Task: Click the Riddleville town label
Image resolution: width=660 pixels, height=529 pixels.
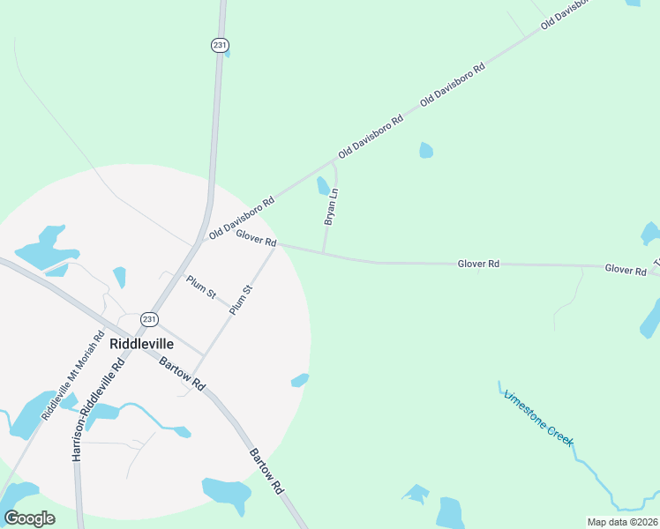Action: pyautogui.click(x=141, y=344)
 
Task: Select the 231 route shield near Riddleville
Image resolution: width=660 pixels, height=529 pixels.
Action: pyautogui.click(x=150, y=319)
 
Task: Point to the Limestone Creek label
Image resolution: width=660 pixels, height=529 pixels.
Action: pyautogui.click(x=539, y=417)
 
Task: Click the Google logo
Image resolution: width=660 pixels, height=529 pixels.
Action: pyautogui.click(x=29, y=518)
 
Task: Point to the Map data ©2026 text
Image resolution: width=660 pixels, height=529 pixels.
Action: pyautogui.click(x=622, y=522)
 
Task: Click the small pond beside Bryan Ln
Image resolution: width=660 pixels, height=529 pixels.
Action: pyautogui.click(x=323, y=185)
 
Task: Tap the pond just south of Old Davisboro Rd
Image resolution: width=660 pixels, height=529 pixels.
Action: pyautogui.click(x=426, y=150)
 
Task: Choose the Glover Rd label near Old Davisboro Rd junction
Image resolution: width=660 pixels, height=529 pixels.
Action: pyautogui.click(x=257, y=238)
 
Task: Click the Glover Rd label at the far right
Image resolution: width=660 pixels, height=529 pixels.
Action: pyautogui.click(x=626, y=269)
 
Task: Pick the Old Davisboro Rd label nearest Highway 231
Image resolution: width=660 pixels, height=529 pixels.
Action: pyautogui.click(x=242, y=217)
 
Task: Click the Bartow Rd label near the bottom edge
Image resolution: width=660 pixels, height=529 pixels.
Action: pyautogui.click(x=266, y=470)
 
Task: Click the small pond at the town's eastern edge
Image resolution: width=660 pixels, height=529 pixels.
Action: pyautogui.click(x=300, y=380)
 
